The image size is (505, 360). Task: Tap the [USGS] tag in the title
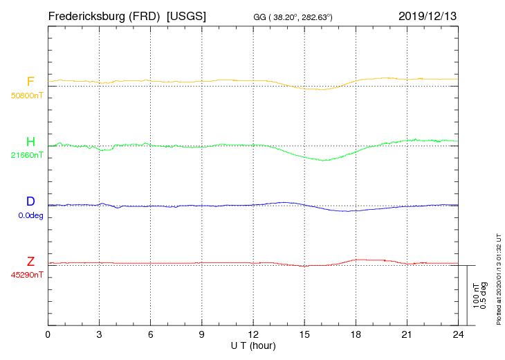click(187, 15)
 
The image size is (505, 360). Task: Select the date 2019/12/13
click(428, 15)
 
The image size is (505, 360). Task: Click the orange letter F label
click(30, 82)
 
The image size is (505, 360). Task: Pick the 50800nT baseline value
click(26, 95)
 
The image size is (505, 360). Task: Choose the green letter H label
click(30, 142)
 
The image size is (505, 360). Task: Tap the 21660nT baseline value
click(26, 155)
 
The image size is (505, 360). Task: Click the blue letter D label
click(30, 201)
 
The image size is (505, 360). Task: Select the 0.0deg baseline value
click(30, 215)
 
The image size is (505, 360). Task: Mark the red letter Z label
click(30, 262)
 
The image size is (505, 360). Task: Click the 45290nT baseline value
click(26, 275)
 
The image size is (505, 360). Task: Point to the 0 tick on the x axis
click(48, 335)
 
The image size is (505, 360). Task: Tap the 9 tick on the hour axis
click(202, 335)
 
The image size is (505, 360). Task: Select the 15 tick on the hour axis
click(304, 335)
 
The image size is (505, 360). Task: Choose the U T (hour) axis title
click(253, 345)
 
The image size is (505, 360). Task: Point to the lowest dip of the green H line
click(322, 161)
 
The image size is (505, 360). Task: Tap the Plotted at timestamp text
click(498, 280)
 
